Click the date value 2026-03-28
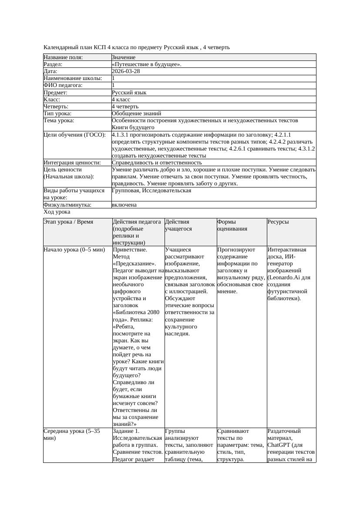pos(126,71)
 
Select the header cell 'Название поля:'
pos(63,57)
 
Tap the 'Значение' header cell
pos(124,57)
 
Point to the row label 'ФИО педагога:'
pos(63,85)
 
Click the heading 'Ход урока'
pos(57,212)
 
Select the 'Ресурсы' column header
pos(278,222)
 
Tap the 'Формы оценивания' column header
pos(232,225)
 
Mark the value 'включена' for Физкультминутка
pos(124,204)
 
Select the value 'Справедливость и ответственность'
pos(157,162)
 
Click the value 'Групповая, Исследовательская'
pos(151,190)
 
